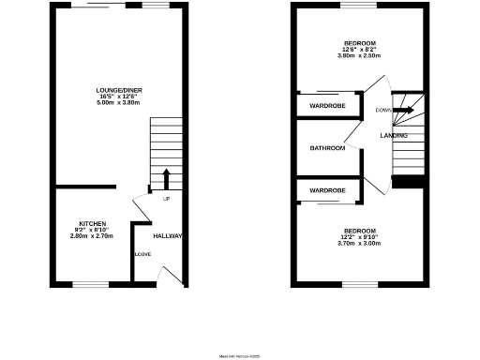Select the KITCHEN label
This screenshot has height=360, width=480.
coord(92,223)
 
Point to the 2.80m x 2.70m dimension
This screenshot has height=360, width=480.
coord(92,236)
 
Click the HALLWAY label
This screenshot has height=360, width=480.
coord(168,235)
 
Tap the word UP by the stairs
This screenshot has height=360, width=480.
coord(166,199)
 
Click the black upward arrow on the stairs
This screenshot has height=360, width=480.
coord(166,178)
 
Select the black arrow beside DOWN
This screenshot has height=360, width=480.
coord(402,110)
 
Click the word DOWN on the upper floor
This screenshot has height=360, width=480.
coord(382,111)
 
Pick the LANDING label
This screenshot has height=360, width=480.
coord(394,136)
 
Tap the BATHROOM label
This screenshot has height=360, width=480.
coord(328,148)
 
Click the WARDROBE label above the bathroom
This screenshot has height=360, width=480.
coord(328,106)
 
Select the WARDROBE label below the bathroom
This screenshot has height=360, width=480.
coord(328,191)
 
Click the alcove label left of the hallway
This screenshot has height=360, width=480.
coord(142,254)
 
